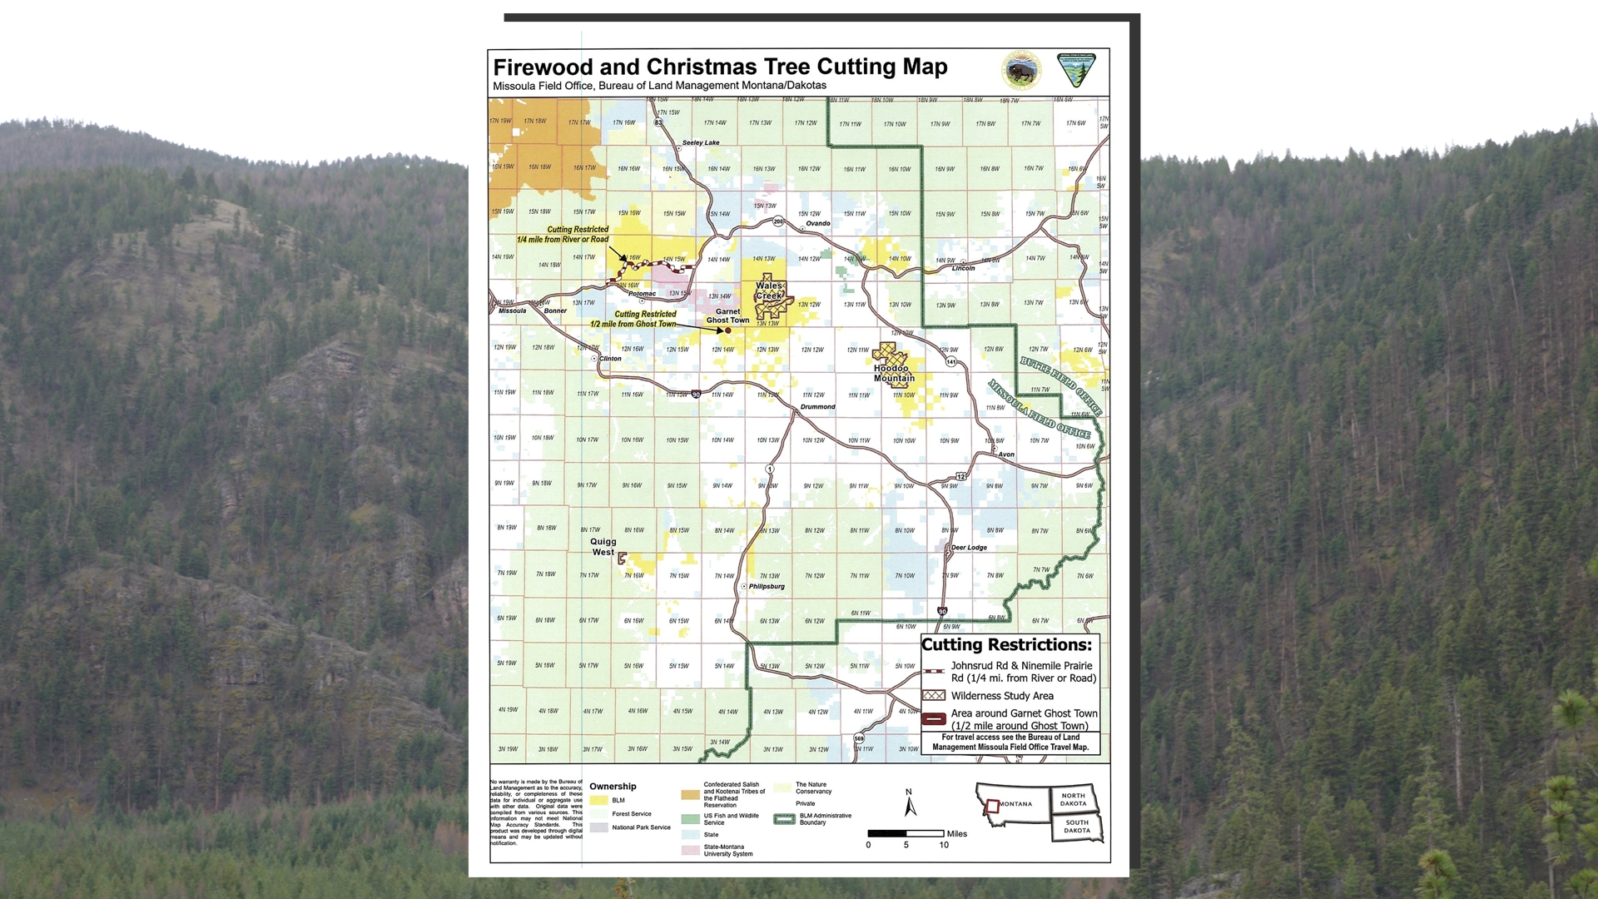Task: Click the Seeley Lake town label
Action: click(x=701, y=142)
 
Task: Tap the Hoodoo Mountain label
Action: click(x=894, y=373)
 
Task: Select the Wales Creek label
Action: click(x=769, y=291)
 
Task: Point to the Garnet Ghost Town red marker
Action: click(x=727, y=330)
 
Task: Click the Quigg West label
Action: click(x=603, y=547)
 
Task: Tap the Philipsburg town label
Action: click(x=767, y=586)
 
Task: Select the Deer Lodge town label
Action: click(x=969, y=548)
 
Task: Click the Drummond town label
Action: click(x=817, y=407)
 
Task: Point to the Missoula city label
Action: click(x=512, y=310)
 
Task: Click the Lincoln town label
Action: click(x=963, y=268)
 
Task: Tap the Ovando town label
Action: click(x=817, y=223)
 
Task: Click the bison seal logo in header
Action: click(x=1021, y=71)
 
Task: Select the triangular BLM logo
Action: click(x=1076, y=70)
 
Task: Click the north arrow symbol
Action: click(x=910, y=803)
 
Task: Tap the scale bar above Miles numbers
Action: click(x=906, y=833)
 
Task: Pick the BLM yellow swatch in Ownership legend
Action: click(x=598, y=800)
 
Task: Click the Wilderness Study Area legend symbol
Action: click(x=934, y=696)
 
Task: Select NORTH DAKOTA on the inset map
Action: click(x=1073, y=799)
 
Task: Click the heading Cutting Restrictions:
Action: click(x=1006, y=645)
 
